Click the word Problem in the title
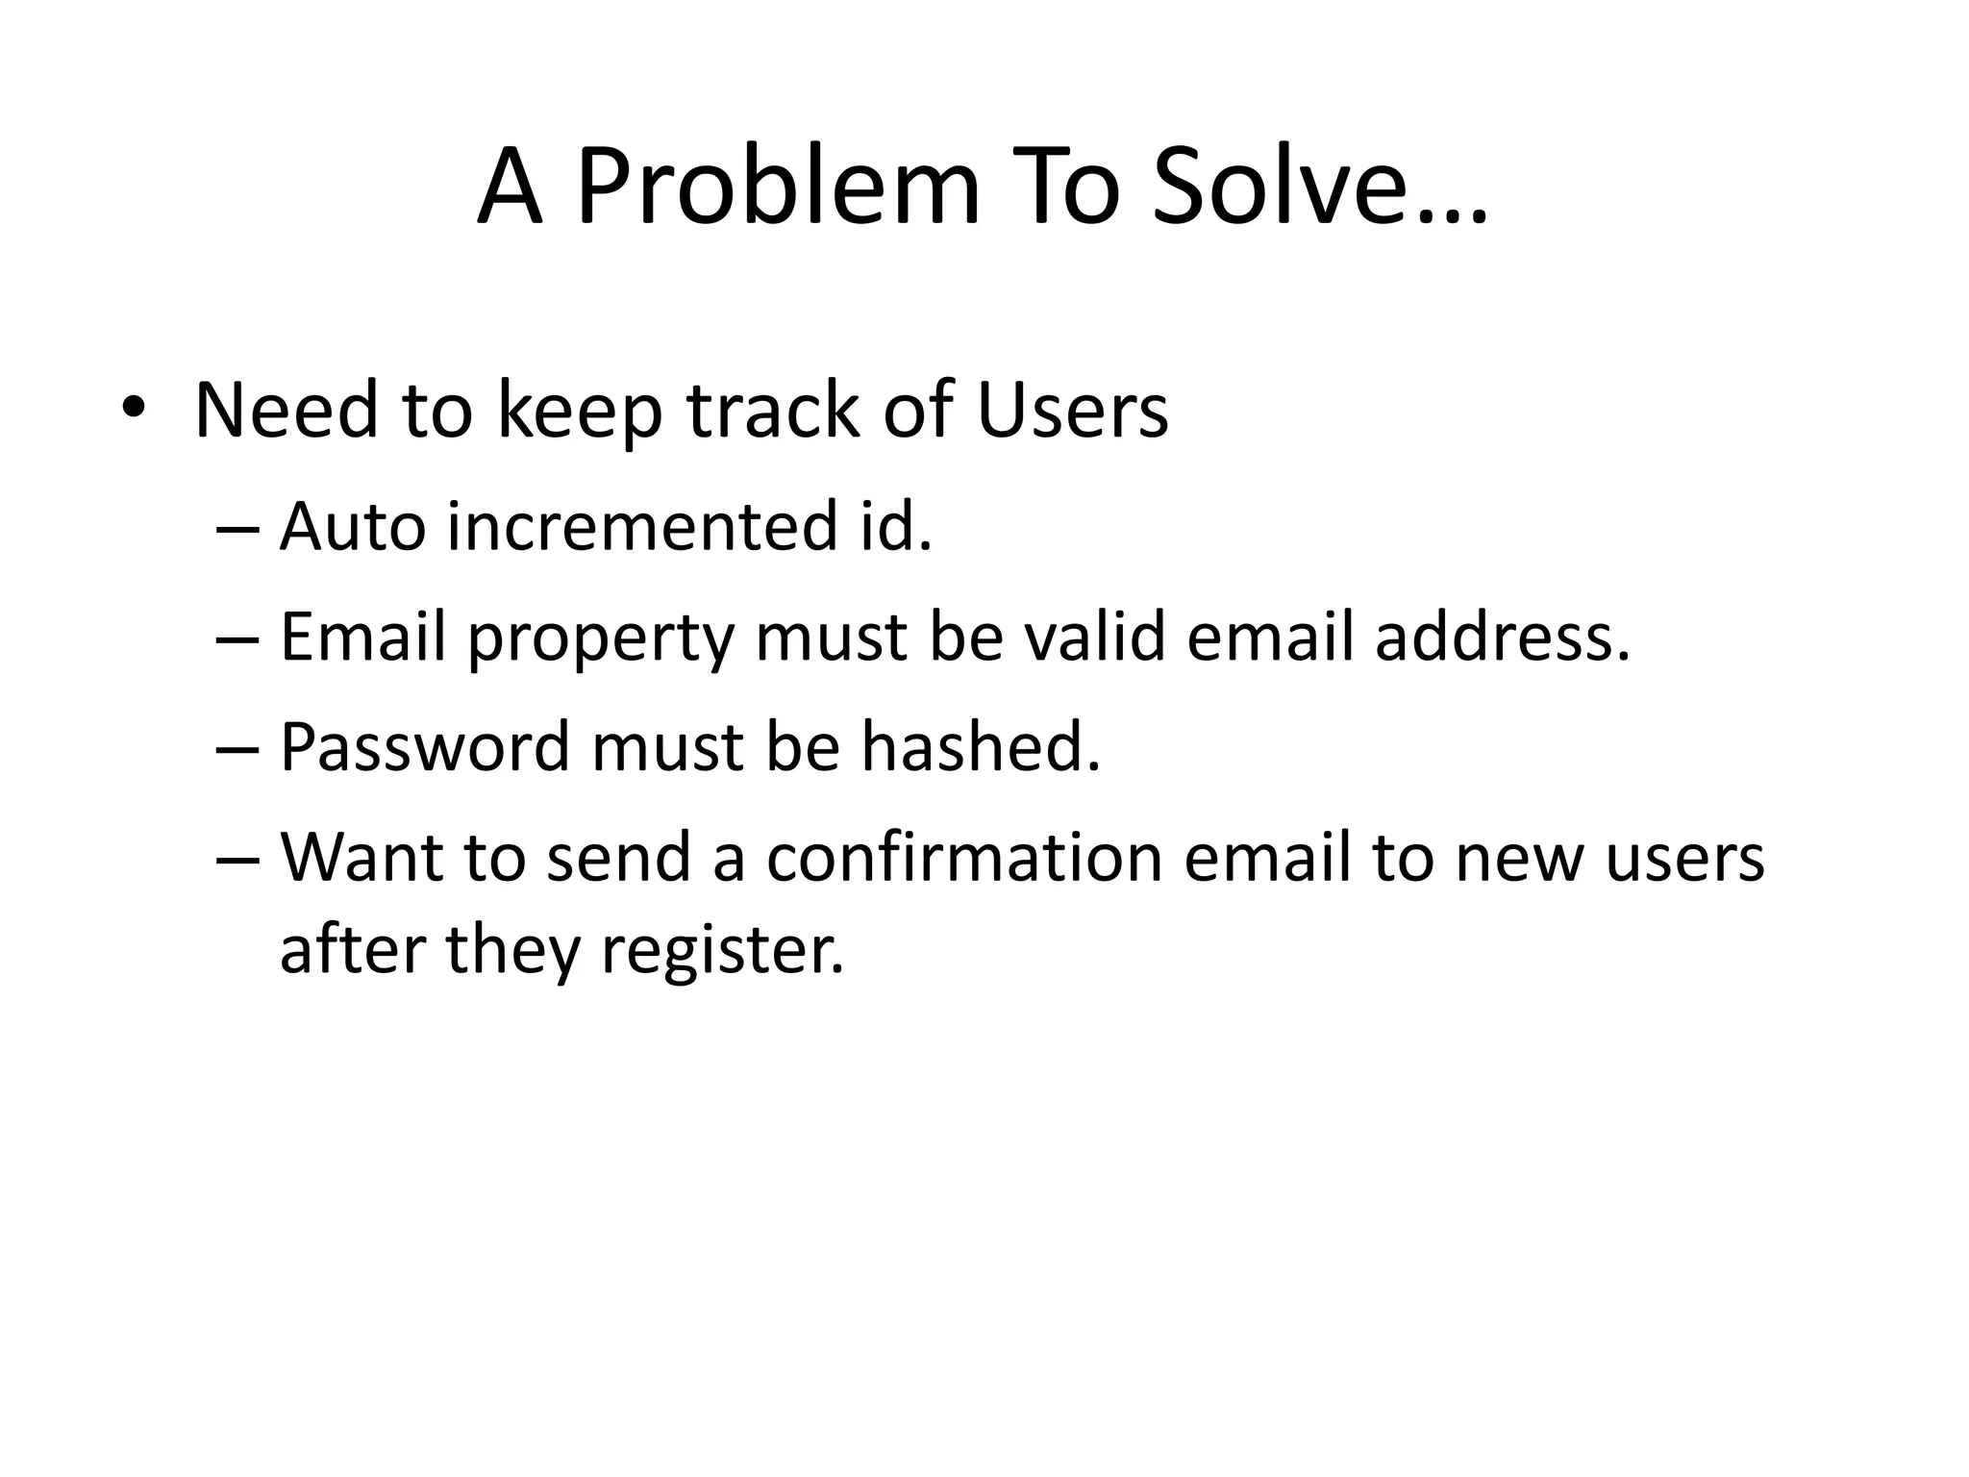click(778, 188)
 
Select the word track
click(774, 411)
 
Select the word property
click(601, 639)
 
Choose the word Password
click(425, 747)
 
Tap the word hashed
click(980, 747)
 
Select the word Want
click(361, 858)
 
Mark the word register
click(722, 952)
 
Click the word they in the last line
click(513, 952)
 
